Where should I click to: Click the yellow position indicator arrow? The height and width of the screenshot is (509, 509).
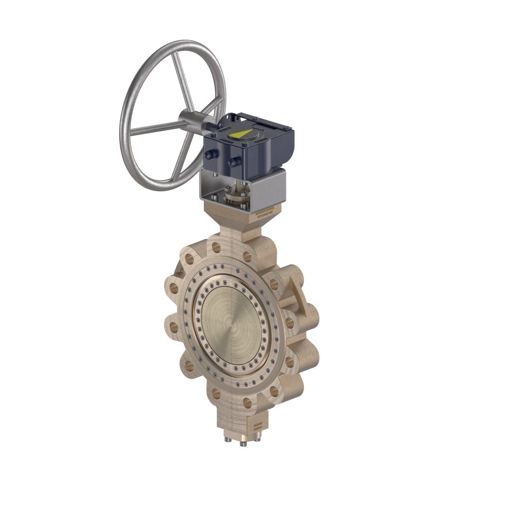pos(241,134)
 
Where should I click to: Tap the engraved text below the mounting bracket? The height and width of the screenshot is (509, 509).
pos(264,211)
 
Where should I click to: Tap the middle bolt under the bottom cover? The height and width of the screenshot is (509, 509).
pos(243,443)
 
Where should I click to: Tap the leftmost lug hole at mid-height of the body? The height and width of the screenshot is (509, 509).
pos(174,328)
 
